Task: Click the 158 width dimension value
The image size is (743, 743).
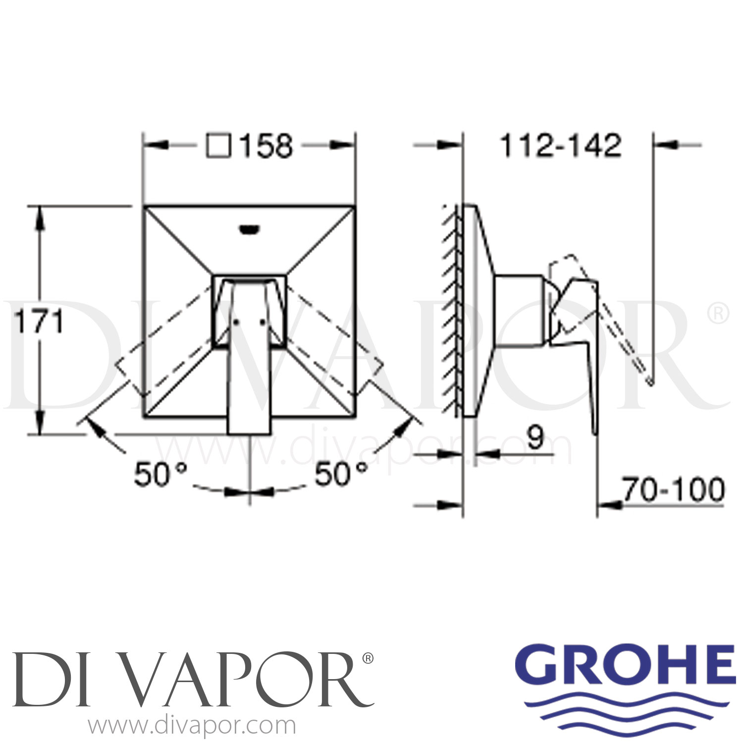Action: [266, 146]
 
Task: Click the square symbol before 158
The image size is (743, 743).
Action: [218, 146]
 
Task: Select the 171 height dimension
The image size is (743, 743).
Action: [39, 322]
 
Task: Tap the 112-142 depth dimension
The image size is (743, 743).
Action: [560, 146]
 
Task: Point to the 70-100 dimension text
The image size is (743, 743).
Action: [673, 490]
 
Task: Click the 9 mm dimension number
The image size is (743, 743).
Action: [535, 437]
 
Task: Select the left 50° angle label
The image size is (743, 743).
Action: [160, 474]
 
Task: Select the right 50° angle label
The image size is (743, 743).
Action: [341, 474]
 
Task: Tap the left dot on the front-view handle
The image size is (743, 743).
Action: [236, 322]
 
